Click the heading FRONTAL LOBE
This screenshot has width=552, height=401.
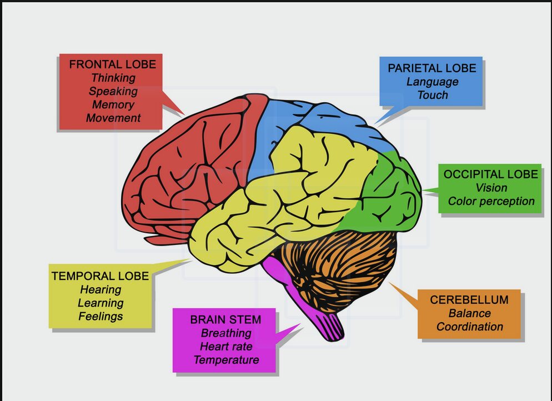pyautogui.click(x=113, y=64)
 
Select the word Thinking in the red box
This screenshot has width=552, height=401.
pyautogui.click(x=113, y=78)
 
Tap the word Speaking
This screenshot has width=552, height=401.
pyautogui.click(x=113, y=92)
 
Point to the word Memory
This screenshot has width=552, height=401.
pyautogui.click(x=113, y=104)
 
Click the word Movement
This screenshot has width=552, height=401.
pyautogui.click(x=113, y=118)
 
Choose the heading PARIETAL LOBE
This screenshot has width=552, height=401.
pyautogui.click(x=432, y=68)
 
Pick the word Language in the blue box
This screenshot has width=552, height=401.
pyautogui.click(x=433, y=82)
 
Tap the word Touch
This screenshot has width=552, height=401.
pyautogui.click(x=433, y=95)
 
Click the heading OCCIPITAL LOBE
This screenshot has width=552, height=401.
pyautogui.click(x=491, y=174)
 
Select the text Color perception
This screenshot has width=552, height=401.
pyautogui.click(x=491, y=201)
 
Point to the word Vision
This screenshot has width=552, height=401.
pyautogui.click(x=491, y=188)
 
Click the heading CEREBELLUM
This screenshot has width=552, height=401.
pyautogui.click(x=469, y=300)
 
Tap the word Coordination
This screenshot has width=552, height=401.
pyautogui.click(x=470, y=327)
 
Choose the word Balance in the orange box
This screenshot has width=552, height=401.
pyautogui.click(x=470, y=313)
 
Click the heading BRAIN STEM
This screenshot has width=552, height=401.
pyautogui.click(x=225, y=320)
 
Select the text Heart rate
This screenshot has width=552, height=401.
pyautogui.click(x=226, y=347)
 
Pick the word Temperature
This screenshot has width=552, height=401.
pyautogui.click(x=226, y=360)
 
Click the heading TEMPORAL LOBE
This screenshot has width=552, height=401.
pyautogui.click(x=101, y=276)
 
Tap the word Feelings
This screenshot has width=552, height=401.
pyautogui.click(x=101, y=317)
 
